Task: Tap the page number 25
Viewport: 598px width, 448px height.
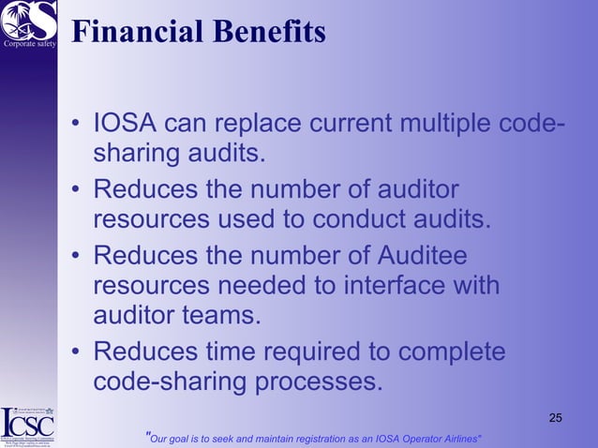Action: click(x=555, y=417)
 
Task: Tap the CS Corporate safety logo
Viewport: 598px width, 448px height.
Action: click(x=29, y=23)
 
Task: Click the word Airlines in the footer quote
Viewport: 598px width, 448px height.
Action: click(x=458, y=438)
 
